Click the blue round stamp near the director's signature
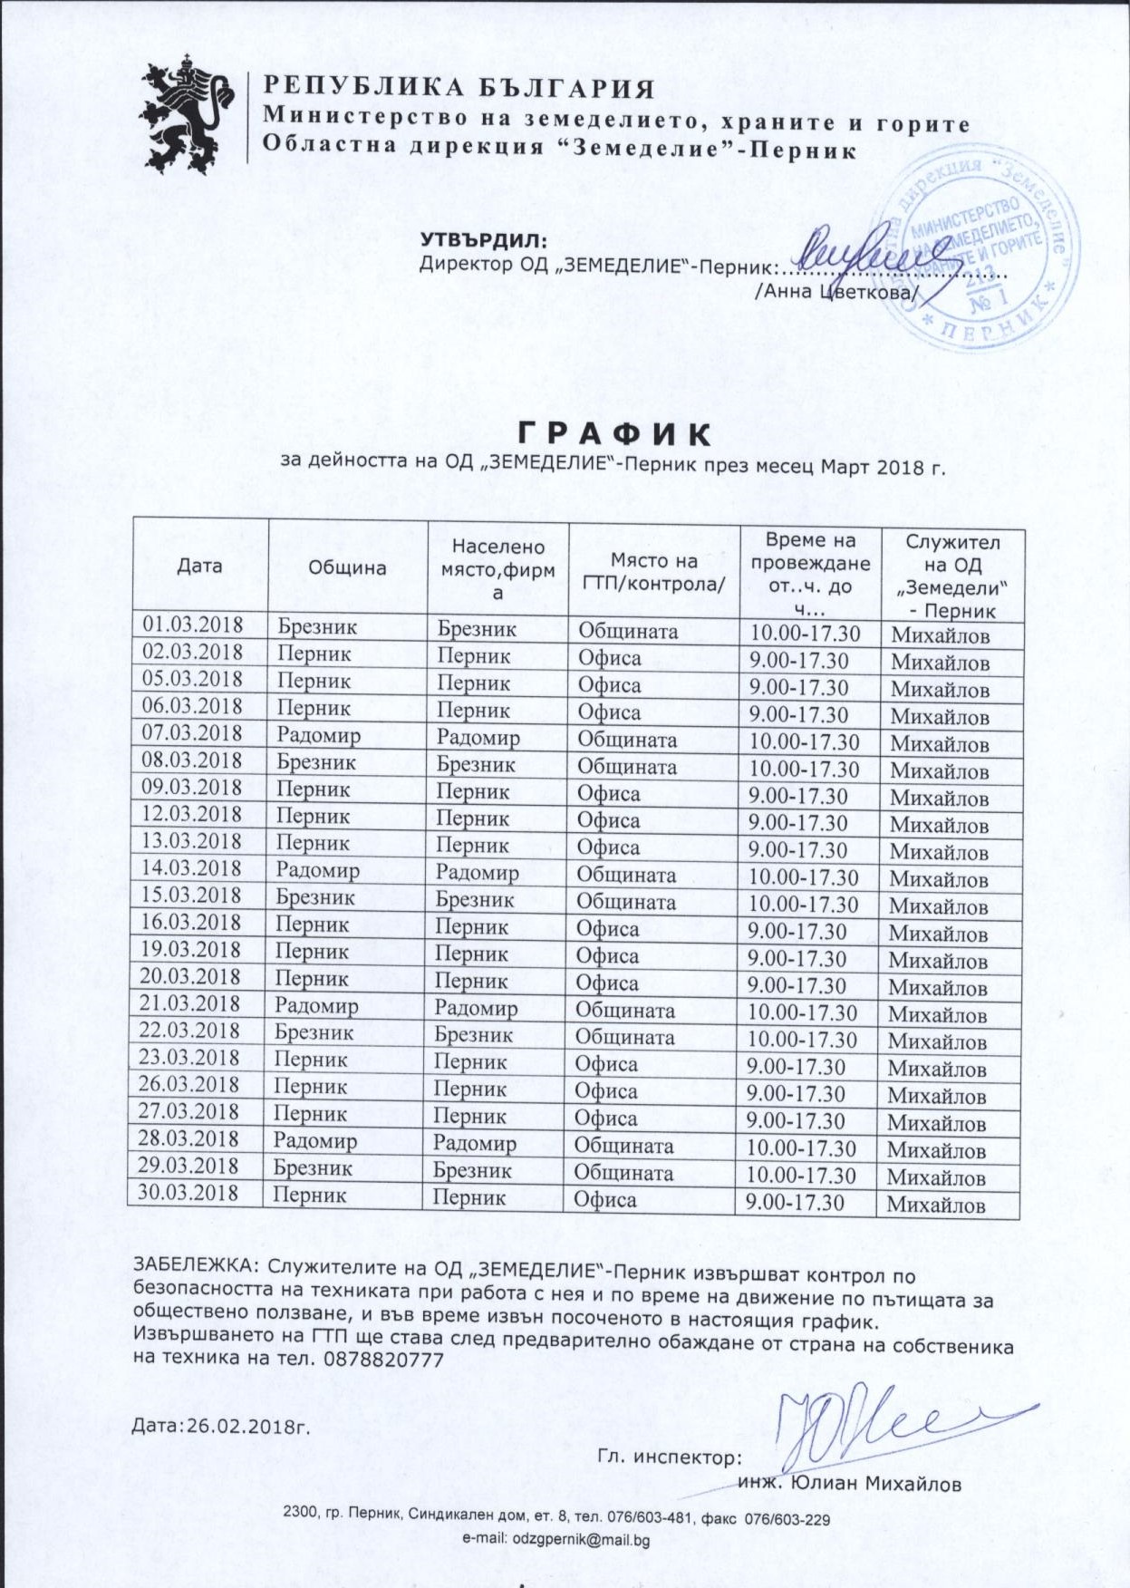point(979,249)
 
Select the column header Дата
point(199,566)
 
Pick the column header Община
point(347,568)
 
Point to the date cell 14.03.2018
point(191,868)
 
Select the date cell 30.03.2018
point(188,1193)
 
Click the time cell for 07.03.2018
point(804,741)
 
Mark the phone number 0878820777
point(383,1360)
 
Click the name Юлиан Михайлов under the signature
point(875,1484)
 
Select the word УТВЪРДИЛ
point(484,241)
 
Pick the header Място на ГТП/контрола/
point(654,572)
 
